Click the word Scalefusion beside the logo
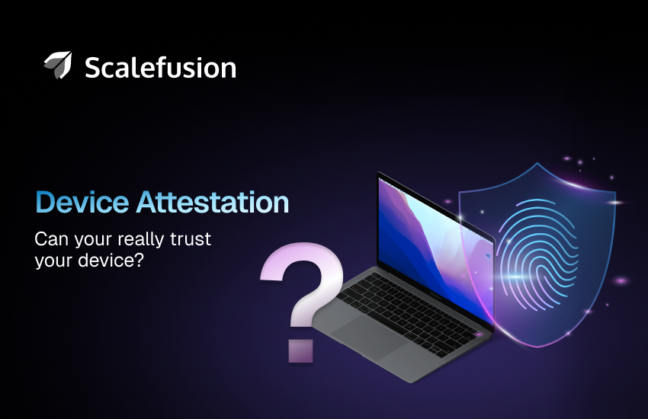point(160,68)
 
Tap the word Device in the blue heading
point(82,203)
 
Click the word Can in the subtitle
point(50,240)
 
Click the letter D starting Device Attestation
point(45,203)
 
